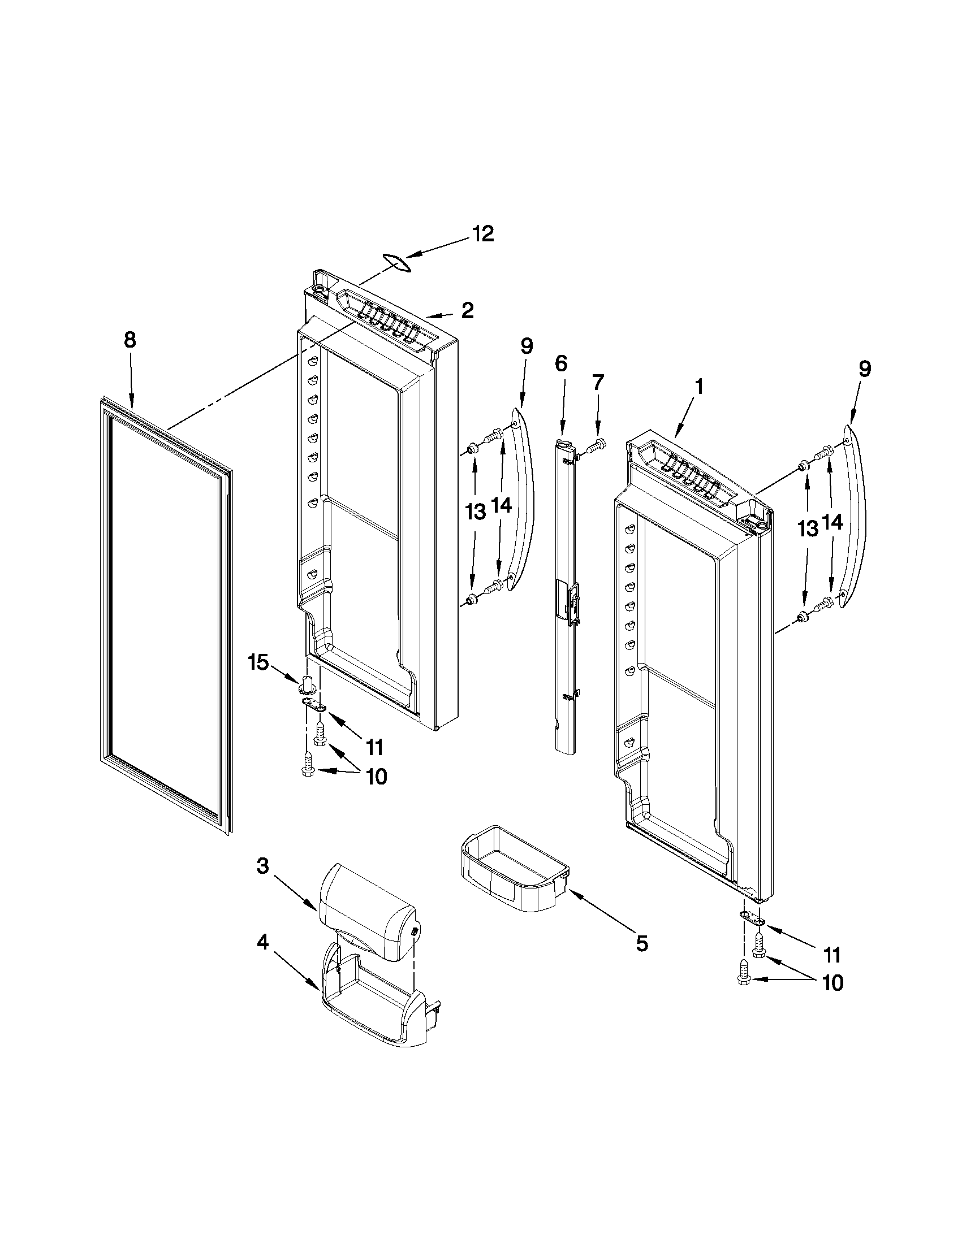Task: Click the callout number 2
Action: point(467,310)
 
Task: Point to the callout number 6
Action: point(561,363)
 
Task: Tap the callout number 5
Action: point(642,944)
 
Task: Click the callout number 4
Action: point(262,943)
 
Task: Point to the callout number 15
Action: point(257,663)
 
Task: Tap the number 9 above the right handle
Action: point(865,369)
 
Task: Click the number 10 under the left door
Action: point(377,777)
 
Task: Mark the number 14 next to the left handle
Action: point(502,507)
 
